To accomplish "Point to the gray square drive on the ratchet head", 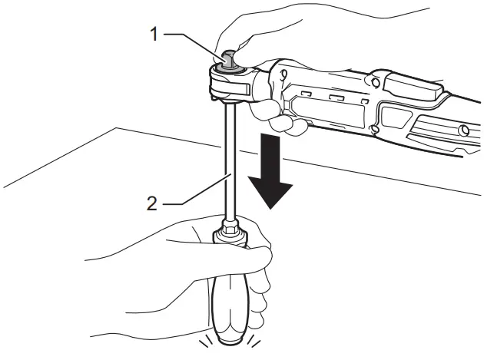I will click(228, 58).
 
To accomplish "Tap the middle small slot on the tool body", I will click(336, 97).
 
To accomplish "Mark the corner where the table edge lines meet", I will click(115, 127).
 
